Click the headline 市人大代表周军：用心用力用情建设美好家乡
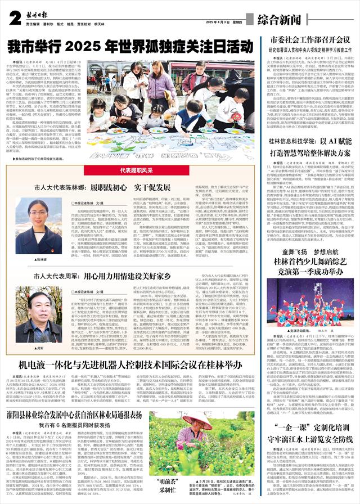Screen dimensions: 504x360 98,277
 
